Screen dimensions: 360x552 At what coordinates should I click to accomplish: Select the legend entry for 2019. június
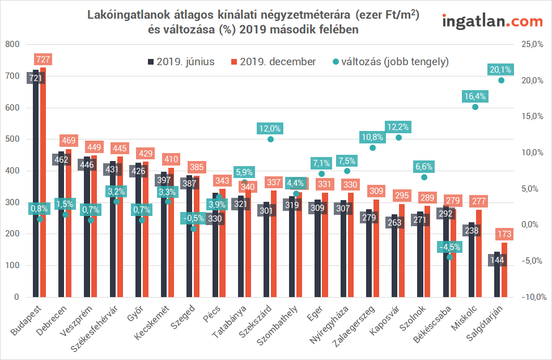tap(181, 62)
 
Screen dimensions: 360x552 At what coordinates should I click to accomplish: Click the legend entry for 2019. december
tap(274, 62)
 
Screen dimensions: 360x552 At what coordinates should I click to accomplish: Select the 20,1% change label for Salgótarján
tap(500, 70)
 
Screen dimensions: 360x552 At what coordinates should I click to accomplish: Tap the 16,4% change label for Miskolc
tap(475, 96)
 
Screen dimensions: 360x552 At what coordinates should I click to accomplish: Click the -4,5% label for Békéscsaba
tap(450, 247)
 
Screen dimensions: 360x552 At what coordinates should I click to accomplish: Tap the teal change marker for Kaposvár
tap(398, 137)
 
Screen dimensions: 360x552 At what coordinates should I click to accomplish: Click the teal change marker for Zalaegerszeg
tap(372, 148)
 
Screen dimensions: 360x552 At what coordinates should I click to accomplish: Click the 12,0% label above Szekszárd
tap(270, 129)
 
